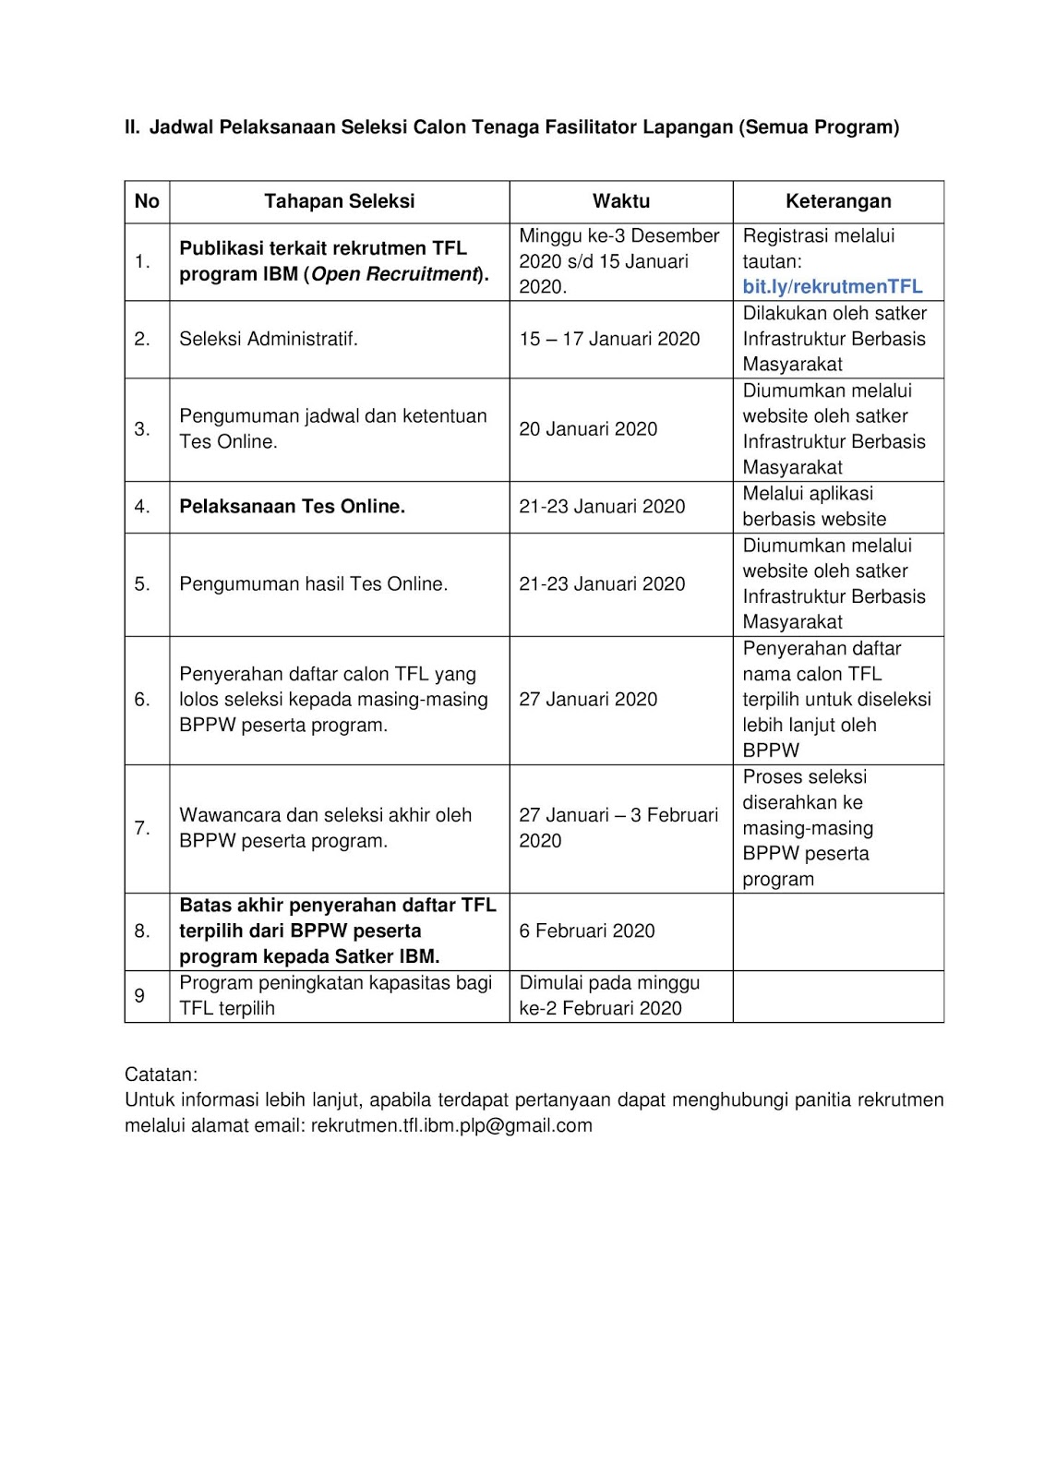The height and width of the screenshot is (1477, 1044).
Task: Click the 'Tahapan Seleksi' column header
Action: click(339, 201)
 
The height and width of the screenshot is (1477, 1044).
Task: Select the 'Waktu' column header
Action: click(621, 201)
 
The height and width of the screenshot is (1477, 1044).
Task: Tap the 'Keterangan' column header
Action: click(838, 201)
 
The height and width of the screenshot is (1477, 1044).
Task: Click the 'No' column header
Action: click(147, 201)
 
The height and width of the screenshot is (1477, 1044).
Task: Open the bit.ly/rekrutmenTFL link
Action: click(833, 286)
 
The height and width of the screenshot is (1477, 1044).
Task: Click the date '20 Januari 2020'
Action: click(588, 428)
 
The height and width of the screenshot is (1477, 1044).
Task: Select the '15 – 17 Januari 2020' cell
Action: click(609, 339)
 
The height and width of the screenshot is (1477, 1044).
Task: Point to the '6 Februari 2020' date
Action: click(587, 931)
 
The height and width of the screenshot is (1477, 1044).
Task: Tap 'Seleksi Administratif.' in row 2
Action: click(268, 339)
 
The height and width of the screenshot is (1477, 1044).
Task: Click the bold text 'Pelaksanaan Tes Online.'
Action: click(292, 506)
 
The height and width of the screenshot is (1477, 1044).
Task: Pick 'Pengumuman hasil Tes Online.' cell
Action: click(313, 583)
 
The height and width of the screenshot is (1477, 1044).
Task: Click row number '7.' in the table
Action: click(142, 828)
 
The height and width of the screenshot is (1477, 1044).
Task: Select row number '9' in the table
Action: click(139, 995)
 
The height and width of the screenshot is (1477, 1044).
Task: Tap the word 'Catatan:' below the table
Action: click(161, 1075)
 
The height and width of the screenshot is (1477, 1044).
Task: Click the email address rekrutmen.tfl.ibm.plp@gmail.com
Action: click(451, 1125)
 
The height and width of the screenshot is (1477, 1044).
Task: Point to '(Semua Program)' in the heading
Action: click(819, 127)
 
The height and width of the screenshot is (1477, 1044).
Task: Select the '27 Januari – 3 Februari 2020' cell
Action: click(618, 828)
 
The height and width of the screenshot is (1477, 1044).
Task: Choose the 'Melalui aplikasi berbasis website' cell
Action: click(814, 506)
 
